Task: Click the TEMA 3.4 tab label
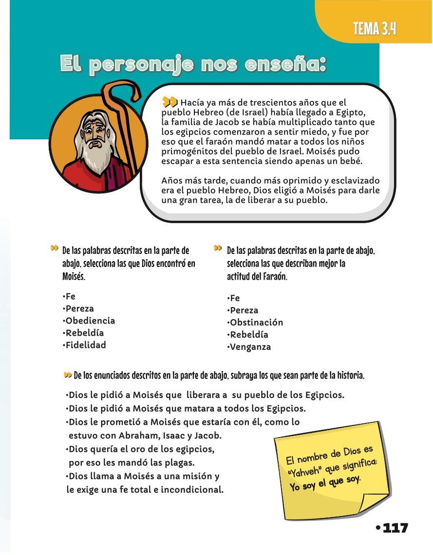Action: click(374, 29)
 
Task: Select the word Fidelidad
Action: click(86, 345)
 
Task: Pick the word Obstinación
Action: click(256, 323)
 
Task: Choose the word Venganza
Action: click(250, 347)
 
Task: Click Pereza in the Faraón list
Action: click(244, 310)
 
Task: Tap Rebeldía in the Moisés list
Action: click(84, 333)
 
